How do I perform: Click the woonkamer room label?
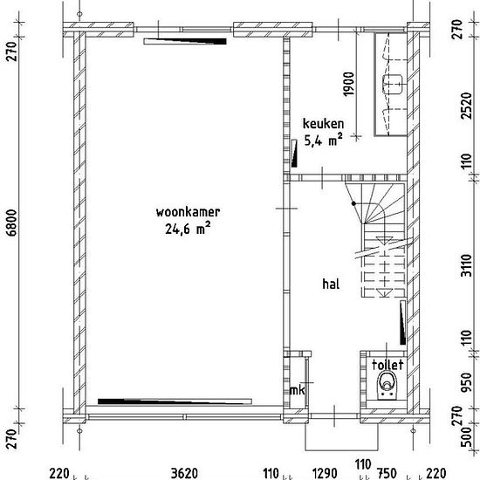click(188, 212)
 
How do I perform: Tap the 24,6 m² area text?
click(188, 229)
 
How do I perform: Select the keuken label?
click(323, 124)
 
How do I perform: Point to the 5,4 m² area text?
click(323, 141)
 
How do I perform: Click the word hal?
click(331, 284)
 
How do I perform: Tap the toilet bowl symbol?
click(387, 385)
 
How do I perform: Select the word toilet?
click(387, 365)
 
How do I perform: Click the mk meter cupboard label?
click(297, 390)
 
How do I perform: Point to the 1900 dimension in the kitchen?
click(349, 84)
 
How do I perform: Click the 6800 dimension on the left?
click(12, 223)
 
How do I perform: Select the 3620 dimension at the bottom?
click(184, 473)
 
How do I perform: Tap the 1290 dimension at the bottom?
click(325, 473)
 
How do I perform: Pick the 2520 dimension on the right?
click(467, 106)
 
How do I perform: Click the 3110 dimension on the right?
click(467, 265)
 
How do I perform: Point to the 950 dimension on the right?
click(467, 382)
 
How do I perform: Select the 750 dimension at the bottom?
click(386, 473)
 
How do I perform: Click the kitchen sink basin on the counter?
click(393, 84)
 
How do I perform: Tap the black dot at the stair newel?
click(353, 203)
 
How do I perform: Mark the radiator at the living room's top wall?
click(185, 41)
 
